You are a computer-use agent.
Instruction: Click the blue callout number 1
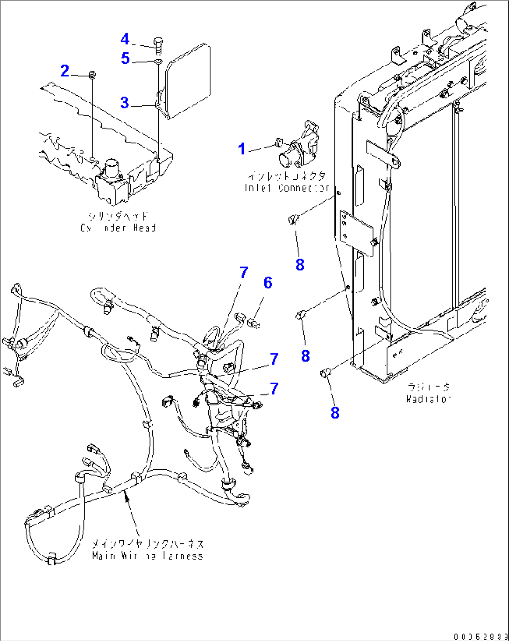[241, 149]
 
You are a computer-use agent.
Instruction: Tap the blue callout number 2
[65, 71]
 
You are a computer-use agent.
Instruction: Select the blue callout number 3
[124, 103]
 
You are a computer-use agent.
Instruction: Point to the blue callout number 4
[125, 39]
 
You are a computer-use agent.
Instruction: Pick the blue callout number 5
[125, 58]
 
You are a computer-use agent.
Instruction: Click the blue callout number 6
[268, 282]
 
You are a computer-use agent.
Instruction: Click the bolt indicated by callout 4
[158, 45]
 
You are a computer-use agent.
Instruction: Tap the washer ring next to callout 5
[158, 61]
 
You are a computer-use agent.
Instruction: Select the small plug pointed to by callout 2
[92, 74]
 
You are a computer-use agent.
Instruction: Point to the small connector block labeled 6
[254, 322]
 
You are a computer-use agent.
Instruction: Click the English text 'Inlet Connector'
[287, 188]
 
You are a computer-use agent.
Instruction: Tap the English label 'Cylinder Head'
[118, 228]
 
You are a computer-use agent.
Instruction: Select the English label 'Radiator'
[428, 399]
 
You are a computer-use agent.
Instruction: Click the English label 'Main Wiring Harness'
[148, 556]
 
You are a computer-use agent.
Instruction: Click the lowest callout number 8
[335, 413]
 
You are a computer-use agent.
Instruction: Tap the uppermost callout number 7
[244, 273]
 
